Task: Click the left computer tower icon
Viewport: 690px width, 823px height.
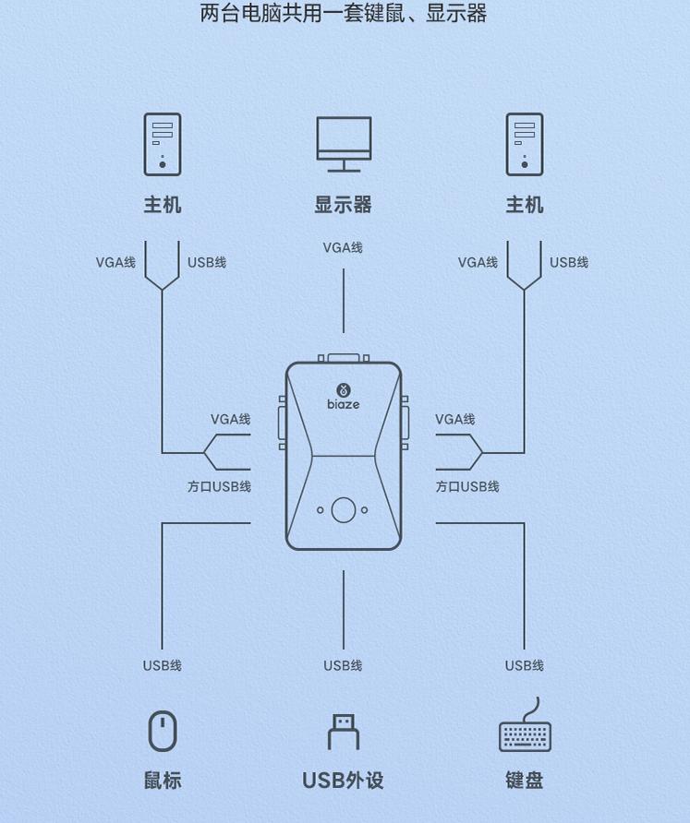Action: coord(162,144)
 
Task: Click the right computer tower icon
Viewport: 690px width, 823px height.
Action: coord(524,144)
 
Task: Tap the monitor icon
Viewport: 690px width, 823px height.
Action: coord(344,143)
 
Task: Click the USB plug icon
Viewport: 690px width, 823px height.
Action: coord(343,732)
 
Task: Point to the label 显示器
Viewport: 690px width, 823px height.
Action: coord(343,205)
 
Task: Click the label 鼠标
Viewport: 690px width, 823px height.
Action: coord(162,781)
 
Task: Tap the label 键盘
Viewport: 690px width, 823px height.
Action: coord(524,781)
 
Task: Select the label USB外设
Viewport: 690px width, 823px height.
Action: coord(343,781)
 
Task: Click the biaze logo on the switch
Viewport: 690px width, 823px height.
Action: coord(343,396)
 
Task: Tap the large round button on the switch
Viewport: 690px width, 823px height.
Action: coord(344,509)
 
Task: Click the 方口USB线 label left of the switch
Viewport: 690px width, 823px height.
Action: coord(219,486)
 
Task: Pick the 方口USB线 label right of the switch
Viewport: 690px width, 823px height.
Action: coord(467,486)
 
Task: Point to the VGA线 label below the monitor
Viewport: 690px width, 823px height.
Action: coord(343,247)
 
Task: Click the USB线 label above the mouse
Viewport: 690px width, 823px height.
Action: coord(162,665)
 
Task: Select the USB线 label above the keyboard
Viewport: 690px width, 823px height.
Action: coord(524,665)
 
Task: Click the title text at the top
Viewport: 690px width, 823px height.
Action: coord(343,14)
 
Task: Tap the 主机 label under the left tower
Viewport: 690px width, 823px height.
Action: coord(162,205)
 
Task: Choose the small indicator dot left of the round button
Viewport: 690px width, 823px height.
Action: coord(321,509)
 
